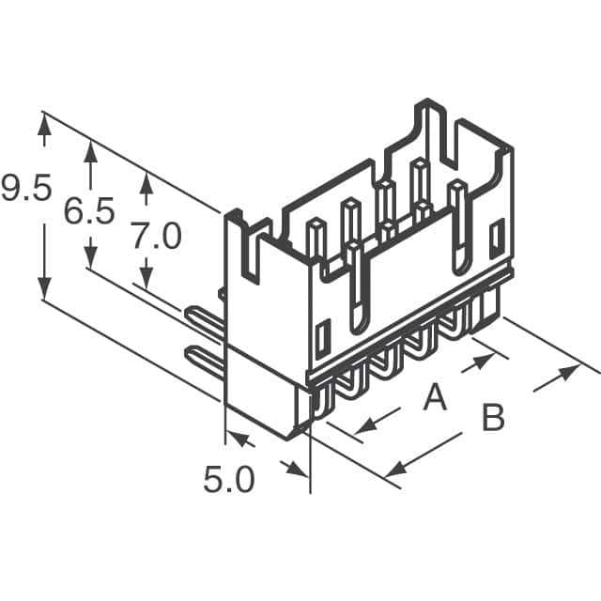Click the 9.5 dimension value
(25, 191)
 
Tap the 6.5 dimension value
(89, 212)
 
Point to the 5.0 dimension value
(229, 480)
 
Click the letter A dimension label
(434, 398)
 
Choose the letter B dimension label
(493, 418)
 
